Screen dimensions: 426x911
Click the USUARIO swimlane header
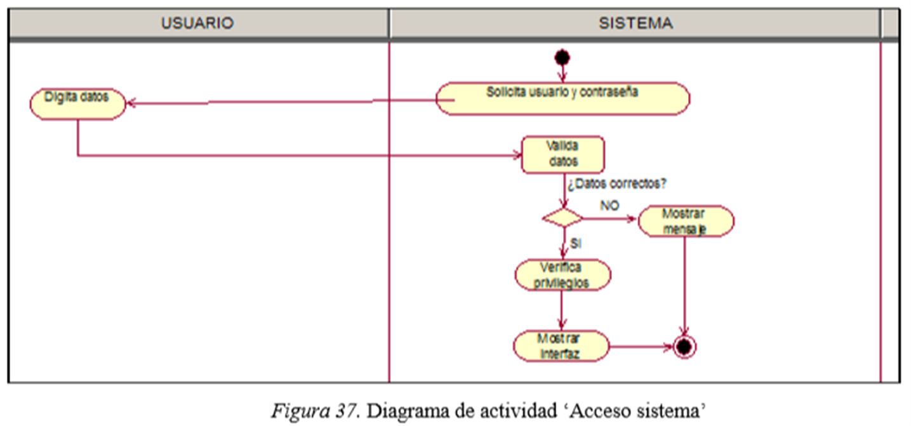(x=197, y=23)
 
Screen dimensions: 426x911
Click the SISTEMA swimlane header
(x=635, y=23)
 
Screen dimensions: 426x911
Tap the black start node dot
(x=562, y=58)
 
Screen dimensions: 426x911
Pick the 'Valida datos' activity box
(x=562, y=154)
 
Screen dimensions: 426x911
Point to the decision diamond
(x=562, y=217)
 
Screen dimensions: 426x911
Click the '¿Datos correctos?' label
(x=616, y=184)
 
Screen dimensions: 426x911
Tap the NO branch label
(x=609, y=206)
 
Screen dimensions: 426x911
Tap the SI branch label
(x=575, y=243)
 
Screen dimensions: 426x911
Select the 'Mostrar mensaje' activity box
(x=686, y=221)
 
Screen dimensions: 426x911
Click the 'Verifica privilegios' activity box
(x=562, y=275)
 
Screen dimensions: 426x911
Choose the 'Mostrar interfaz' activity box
(x=561, y=346)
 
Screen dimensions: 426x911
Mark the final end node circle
(x=684, y=347)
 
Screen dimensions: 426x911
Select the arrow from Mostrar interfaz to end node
(x=641, y=347)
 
